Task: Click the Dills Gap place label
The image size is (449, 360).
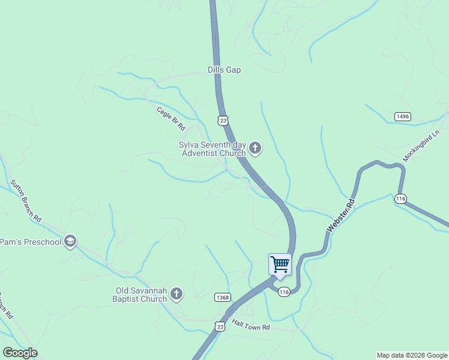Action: coord(224,70)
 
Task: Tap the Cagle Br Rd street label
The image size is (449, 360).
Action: coord(171,119)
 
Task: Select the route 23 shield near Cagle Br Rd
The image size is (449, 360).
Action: coord(223,121)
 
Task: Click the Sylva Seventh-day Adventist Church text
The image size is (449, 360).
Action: coord(212,149)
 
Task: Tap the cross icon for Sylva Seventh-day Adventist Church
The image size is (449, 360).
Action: coord(255,148)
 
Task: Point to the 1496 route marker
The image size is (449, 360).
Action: coord(402,116)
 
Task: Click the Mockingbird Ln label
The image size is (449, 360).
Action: coord(421,146)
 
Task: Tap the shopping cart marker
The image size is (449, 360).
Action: coord(280,264)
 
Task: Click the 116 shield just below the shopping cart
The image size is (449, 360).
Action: coord(284,292)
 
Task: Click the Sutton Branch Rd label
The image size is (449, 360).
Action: coord(25,200)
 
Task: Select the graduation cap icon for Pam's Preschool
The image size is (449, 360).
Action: coord(70,242)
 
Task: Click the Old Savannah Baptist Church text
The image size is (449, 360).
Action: coord(141,295)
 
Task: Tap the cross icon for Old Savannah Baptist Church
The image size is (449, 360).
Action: coord(176,294)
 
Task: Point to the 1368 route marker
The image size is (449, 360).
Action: coord(222,298)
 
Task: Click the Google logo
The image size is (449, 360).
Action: coord(20,353)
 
